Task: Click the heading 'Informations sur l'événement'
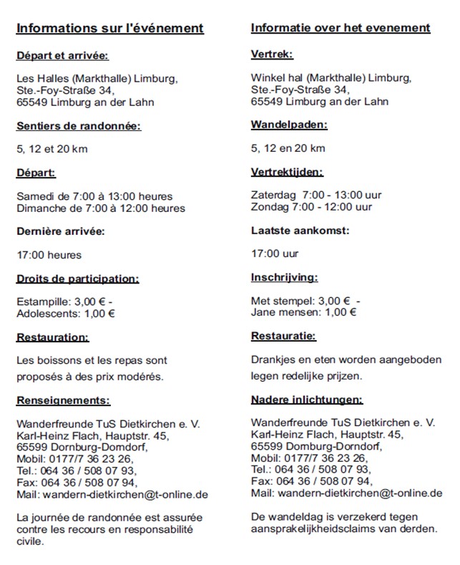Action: [110, 28]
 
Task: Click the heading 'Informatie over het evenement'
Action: [341, 28]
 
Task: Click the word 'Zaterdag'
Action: [273, 195]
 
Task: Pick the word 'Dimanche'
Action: [39, 208]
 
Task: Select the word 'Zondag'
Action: [269, 207]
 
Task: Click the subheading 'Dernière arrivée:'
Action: [61, 231]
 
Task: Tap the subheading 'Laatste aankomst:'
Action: [300, 231]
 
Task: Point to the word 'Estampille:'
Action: [43, 301]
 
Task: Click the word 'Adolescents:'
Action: [48, 312]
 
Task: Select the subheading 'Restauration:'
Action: [53, 336]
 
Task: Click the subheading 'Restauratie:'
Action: [283, 335]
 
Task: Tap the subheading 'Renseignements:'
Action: [64, 400]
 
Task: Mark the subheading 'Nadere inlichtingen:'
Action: [307, 400]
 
